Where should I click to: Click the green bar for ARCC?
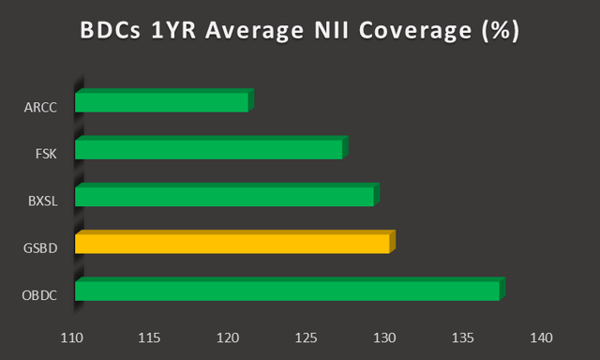pyautogui.click(x=162, y=101)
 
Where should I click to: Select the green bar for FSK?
pyautogui.click(x=209, y=148)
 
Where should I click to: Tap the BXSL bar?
pyautogui.click(x=225, y=196)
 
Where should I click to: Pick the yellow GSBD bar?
pyautogui.click(x=232, y=243)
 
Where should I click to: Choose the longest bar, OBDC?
pyautogui.click(x=288, y=291)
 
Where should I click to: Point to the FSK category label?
pyautogui.click(x=47, y=154)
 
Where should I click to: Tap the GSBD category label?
pyautogui.click(x=42, y=248)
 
